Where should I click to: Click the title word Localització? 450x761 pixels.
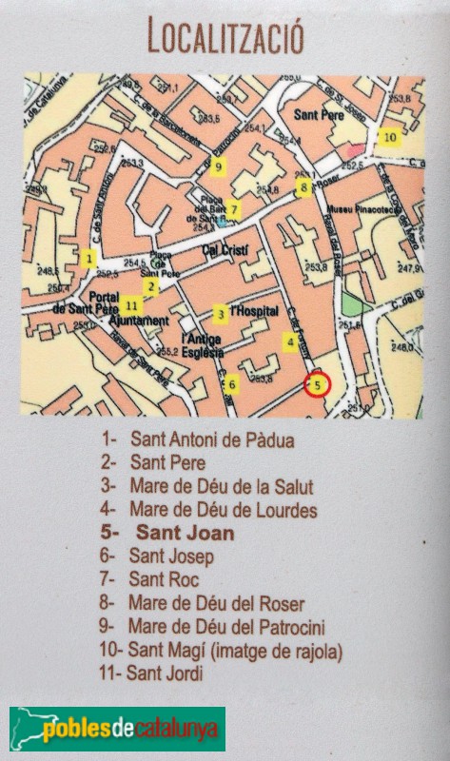click(225, 38)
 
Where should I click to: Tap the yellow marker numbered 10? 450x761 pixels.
click(389, 137)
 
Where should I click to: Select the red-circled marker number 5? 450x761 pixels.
click(318, 384)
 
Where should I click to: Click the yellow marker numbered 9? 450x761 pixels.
click(218, 169)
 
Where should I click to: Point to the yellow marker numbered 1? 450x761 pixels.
click(88, 258)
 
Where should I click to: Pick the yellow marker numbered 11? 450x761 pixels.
click(131, 305)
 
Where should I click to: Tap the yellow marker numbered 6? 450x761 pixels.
click(231, 384)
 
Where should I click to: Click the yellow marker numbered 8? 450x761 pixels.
click(303, 187)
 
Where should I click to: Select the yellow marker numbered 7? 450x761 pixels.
click(235, 209)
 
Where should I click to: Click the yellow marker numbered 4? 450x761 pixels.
click(289, 341)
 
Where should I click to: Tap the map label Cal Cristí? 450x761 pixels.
click(224, 250)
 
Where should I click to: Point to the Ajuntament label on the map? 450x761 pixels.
click(139, 322)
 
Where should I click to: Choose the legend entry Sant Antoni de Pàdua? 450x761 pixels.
click(199, 440)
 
